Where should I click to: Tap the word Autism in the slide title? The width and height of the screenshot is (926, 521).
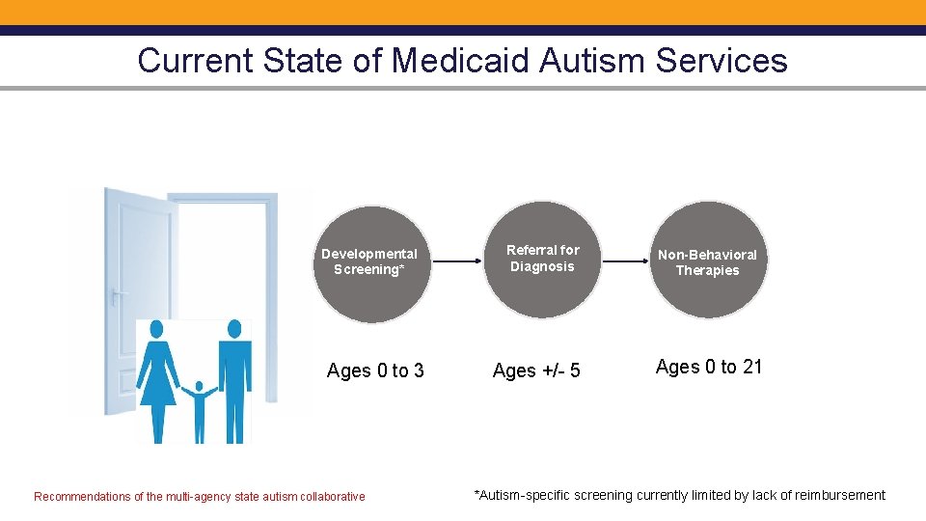pyautogui.click(x=592, y=61)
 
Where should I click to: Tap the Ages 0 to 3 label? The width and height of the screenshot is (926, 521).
pyautogui.click(x=375, y=370)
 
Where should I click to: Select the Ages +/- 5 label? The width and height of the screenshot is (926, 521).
pyautogui.click(x=536, y=370)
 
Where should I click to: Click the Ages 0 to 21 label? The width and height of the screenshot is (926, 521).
pyautogui.click(x=709, y=367)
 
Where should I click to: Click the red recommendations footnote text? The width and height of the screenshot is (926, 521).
pyautogui.click(x=200, y=497)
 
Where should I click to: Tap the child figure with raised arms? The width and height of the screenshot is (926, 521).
pyautogui.click(x=200, y=410)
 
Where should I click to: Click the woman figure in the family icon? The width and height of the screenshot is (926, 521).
pyautogui.click(x=157, y=381)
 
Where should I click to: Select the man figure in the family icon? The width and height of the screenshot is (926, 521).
pyautogui.click(x=232, y=381)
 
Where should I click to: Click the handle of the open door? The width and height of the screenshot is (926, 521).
pyautogui.click(x=117, y=295)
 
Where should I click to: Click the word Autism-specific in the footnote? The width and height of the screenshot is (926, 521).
pyautogui.click(x=522, y=495)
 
